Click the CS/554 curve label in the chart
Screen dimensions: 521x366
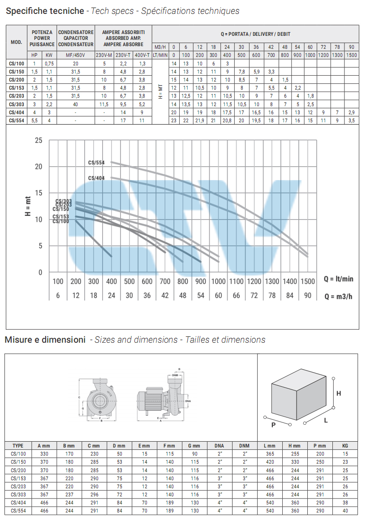96,163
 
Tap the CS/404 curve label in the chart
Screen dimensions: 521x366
96,178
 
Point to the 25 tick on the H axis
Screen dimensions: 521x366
39,141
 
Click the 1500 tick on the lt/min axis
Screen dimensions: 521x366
307,281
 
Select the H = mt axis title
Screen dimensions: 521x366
27,207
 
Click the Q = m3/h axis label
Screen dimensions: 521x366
338,296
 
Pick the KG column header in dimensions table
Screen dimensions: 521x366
344,446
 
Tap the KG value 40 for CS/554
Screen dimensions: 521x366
344,511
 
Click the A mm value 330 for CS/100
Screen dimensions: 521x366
43,454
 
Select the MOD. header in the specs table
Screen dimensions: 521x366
17,42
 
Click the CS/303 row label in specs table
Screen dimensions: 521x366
17,104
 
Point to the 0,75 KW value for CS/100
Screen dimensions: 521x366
49,64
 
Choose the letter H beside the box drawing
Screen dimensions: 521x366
339,393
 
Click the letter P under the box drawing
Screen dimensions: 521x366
274,425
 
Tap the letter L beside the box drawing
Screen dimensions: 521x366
326,420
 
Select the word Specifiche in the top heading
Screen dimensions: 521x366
25,11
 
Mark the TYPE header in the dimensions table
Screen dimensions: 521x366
18,446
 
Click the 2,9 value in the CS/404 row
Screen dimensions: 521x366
352,112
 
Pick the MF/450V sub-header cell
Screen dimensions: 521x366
76,55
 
